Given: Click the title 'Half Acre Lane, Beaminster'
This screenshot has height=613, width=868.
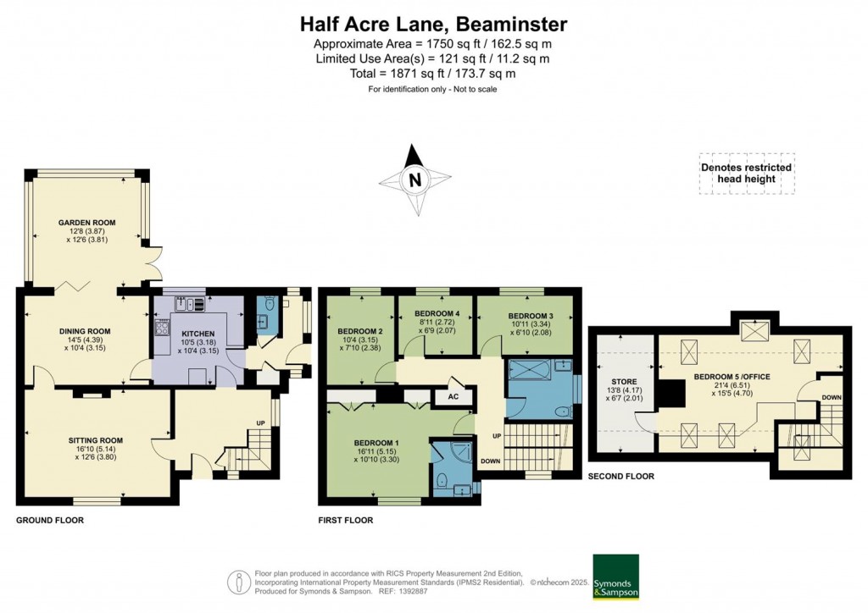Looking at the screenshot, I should pyautogui.click(x=433, y=23).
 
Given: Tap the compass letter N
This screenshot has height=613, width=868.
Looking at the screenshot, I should pyautogui.click(x=415, y=179).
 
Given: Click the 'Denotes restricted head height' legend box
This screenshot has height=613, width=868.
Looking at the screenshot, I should pyautogui.click(x=746, y=173).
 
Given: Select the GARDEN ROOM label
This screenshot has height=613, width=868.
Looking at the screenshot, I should pyautogui.click(x=86, y=223).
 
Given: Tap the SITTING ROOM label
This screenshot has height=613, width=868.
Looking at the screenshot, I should pyautogui.click(x=96, y=440).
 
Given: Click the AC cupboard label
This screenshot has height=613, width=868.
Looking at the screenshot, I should pyautogui.click(x=453, y=395).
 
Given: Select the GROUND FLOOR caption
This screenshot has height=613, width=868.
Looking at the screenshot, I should pyautogui.click(x=50, y=520).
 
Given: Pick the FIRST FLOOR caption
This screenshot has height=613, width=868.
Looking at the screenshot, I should pyautogui.click(x=345, y=520).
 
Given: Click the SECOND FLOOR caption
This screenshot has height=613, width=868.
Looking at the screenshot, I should pyautogui.click(x=620, y=477).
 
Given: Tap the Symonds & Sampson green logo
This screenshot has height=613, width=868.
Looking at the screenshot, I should pyautogui.click(x=615, y=577).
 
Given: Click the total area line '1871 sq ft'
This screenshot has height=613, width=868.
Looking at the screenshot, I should pyautogui.click(x=433, y=74).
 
